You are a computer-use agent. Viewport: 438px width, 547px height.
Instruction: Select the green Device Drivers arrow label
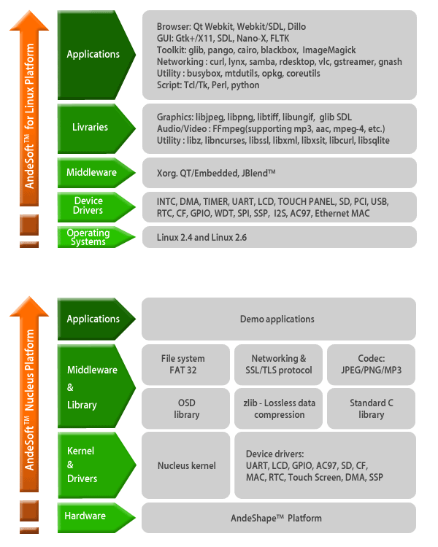[89, 206]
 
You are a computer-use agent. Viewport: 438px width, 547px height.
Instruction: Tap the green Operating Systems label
[89, 237]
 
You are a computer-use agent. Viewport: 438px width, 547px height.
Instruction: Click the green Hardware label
[85, 516]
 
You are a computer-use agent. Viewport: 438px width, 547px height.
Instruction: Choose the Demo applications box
[277, 319]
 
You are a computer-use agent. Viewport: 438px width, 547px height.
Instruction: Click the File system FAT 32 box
[183, 364]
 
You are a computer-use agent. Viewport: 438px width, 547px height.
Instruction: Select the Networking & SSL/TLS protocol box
[279, 364]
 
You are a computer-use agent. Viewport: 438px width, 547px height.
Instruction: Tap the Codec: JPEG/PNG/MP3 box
[371, 364]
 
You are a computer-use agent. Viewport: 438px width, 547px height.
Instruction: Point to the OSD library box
[187, 408]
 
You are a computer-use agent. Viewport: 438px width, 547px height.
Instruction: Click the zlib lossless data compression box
[279, 408]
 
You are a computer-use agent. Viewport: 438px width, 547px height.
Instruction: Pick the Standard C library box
[371, 408]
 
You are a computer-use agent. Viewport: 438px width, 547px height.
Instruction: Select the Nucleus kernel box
[187, 465]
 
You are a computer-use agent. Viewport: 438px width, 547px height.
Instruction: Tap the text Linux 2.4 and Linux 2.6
[203, 237]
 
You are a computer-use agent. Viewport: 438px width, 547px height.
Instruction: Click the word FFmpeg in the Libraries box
[232, 128]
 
